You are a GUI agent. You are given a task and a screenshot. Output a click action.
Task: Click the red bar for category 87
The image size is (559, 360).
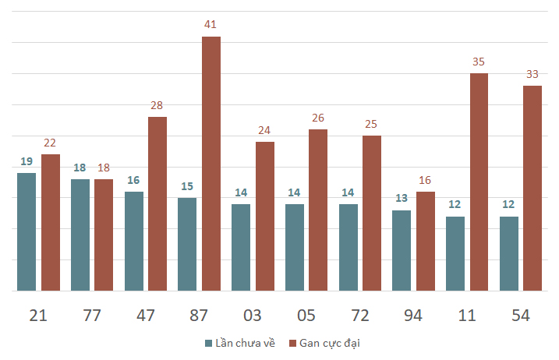click(x=211, y=164)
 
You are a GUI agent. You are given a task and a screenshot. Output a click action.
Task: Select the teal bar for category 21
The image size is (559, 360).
click(x=27, y=231)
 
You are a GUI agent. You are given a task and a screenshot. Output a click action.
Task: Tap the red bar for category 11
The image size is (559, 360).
click(x=479, y=182)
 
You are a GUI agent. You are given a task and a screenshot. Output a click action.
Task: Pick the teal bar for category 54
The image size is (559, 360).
click(x=508, y=253)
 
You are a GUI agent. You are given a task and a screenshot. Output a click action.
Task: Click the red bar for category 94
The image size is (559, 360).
click(x=425, y=241)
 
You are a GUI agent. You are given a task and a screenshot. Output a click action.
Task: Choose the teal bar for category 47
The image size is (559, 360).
click(x=134, y=241)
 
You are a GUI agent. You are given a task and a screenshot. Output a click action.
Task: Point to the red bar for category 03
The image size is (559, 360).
click(x=265, y=216)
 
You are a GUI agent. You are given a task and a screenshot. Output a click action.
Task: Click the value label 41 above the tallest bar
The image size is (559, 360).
click(x=211, y=25)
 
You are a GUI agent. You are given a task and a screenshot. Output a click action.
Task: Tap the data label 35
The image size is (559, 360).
click(x=479, y=62)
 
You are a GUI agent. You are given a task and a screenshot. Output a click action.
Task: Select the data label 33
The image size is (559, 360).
click(x=532, y=74)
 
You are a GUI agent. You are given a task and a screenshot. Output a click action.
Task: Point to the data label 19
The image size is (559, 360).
click(x=27, y=161)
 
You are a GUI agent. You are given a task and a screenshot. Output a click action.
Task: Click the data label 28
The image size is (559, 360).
click(x=157, y=105)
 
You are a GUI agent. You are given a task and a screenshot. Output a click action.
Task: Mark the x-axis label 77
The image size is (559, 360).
click(x=92, y=315)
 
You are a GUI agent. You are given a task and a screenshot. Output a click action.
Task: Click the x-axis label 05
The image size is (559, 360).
click(x=306, y=315)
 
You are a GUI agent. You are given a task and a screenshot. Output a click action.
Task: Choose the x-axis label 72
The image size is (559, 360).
click(x=359, y=315)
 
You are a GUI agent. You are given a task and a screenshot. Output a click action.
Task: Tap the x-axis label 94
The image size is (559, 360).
click(x=413, y=315)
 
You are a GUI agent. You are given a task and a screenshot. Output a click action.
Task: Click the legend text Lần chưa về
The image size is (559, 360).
click(x=245, y=343)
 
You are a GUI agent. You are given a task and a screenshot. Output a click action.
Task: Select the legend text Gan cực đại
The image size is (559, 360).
click(x=330, y=343)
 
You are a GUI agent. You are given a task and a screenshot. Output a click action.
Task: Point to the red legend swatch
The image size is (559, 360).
click(x=292, y=343)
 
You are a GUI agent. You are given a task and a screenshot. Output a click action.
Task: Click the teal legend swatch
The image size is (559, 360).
click(x=208, y=343)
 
